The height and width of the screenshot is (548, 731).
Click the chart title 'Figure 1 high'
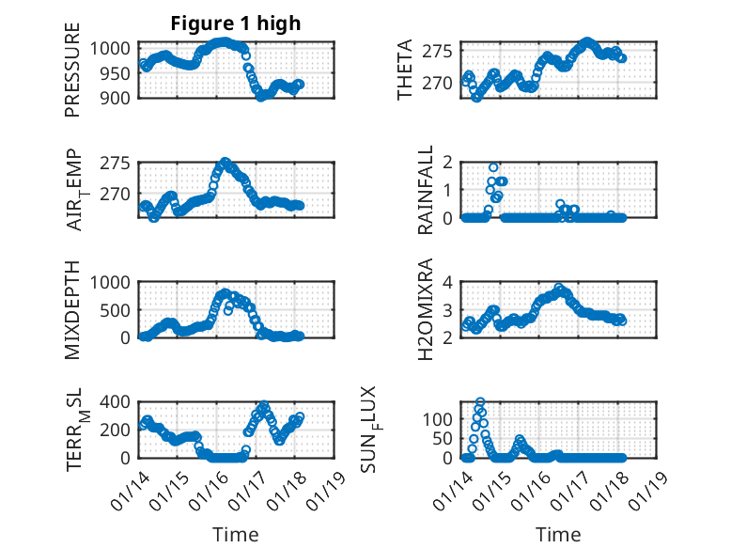coord(235,23)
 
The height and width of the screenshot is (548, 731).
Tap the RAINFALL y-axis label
coord(426,190)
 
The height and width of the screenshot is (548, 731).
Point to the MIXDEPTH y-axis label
coord(72,310)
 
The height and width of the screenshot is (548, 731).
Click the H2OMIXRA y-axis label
coord(426,310)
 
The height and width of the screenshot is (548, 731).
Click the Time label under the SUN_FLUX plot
coord(559,534)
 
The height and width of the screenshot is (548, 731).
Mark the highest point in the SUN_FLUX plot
coord(480,402)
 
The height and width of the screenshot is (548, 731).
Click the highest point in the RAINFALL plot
coord(493,167)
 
